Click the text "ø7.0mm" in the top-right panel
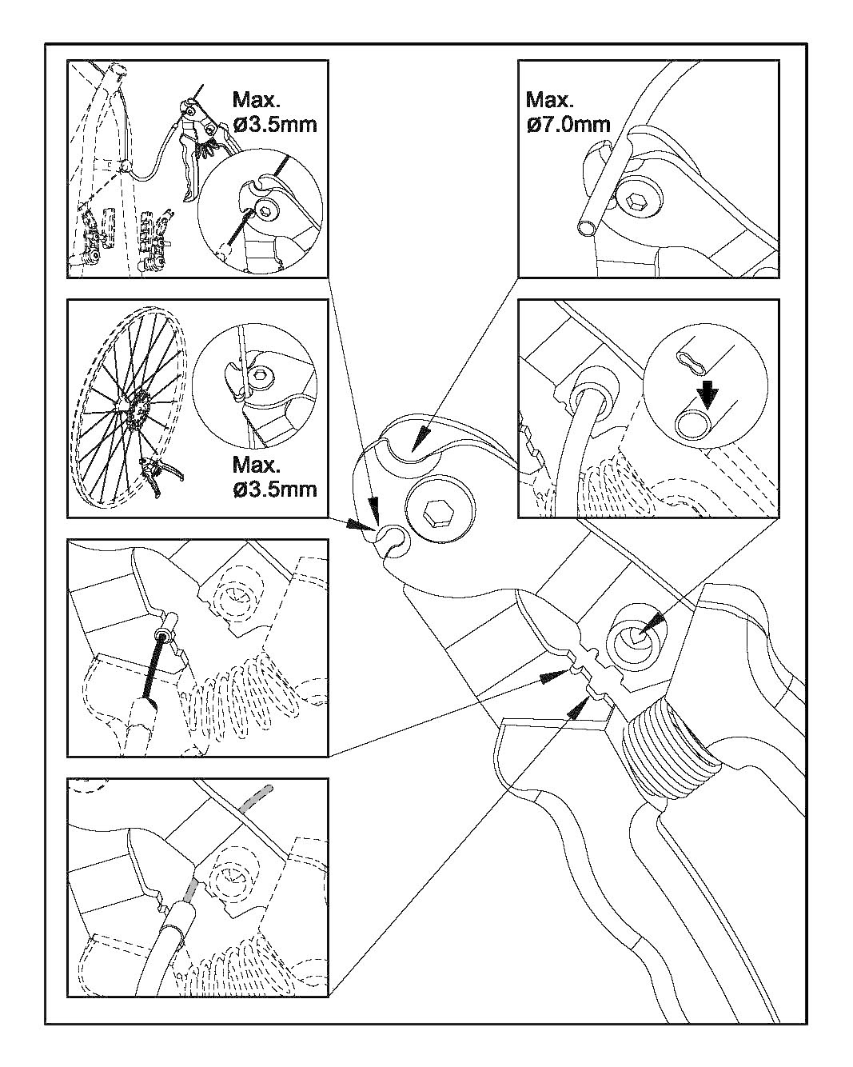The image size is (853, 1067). pos(568,124)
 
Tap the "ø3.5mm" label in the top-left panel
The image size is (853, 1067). pos(275,124)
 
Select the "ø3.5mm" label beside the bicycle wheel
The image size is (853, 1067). pos(275,488)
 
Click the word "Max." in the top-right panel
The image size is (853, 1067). pos(550,100)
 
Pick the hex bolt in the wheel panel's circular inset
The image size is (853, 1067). pos(261,374)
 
